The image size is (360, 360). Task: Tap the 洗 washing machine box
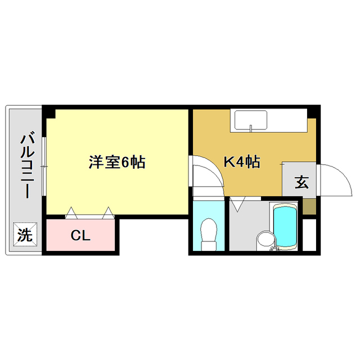tap(24, 235)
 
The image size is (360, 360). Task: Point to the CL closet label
tap(80, 236)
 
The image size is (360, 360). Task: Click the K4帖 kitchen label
tap(242, 163)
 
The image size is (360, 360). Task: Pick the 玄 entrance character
tap(301, 182)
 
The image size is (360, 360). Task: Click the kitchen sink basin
tap(250, 120)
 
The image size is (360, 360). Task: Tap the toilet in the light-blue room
tap(209, 231)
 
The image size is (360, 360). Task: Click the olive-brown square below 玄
tap(309, 206)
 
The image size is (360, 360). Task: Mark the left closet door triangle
tap(71, 213)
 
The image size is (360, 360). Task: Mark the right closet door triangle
tap(107, 213)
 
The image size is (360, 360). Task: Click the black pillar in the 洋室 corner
tap(51, 112)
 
